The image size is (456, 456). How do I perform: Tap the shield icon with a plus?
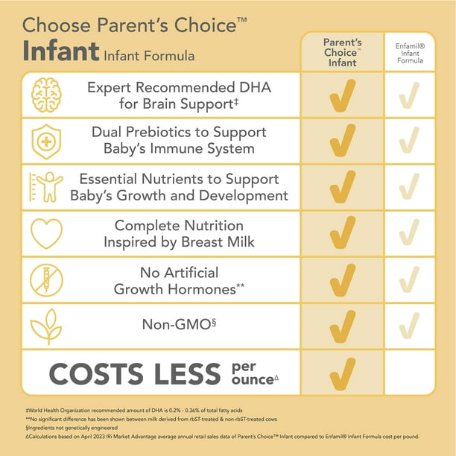[x=46, y=140]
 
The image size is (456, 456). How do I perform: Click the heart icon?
[x=46, y=232]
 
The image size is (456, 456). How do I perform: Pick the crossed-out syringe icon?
[x=46, y=279]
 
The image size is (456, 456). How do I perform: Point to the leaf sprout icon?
[x=46, y=325]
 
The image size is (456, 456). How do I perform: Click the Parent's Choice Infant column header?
[x=342, y=51]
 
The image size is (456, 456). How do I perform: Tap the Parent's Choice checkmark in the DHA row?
[x=342, y=95]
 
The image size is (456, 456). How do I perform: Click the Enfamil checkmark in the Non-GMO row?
[x=410, y=325]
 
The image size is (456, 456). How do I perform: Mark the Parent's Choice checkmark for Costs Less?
[x=342, y=371]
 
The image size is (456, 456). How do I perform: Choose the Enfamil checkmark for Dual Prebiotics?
[x=410, y=140]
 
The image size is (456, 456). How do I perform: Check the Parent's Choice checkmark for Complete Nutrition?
[x=342, y=232]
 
